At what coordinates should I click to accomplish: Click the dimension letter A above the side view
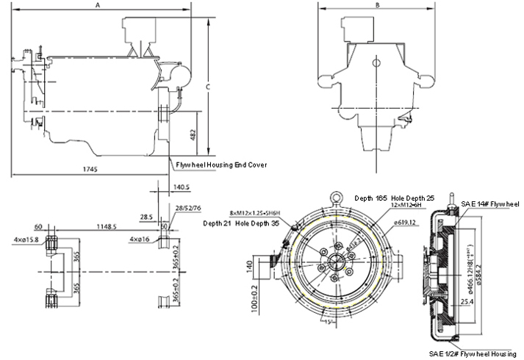pyautogui.click(x=98, y=5)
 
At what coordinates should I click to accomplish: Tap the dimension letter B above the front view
pyautogui.click(x=377, y=5)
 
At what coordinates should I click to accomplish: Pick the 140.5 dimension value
pyautogui.click(x=181, y=187)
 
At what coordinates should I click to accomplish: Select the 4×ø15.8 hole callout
pyautogui.click(x=27, y=240)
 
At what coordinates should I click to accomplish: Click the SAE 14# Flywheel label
pyautogui.click(x=489, y=203)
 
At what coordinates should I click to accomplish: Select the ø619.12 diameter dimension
pyautogui.click(x=406, y=222)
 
